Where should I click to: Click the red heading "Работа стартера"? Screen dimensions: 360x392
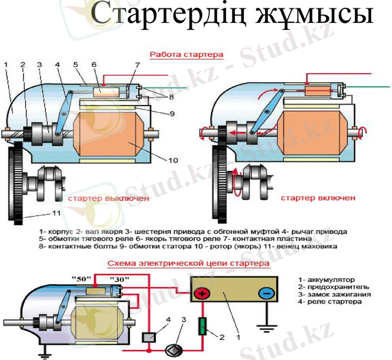point(186,54)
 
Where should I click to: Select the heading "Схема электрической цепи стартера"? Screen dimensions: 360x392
point(188,263)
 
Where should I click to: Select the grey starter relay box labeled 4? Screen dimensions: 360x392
point(147,337)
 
